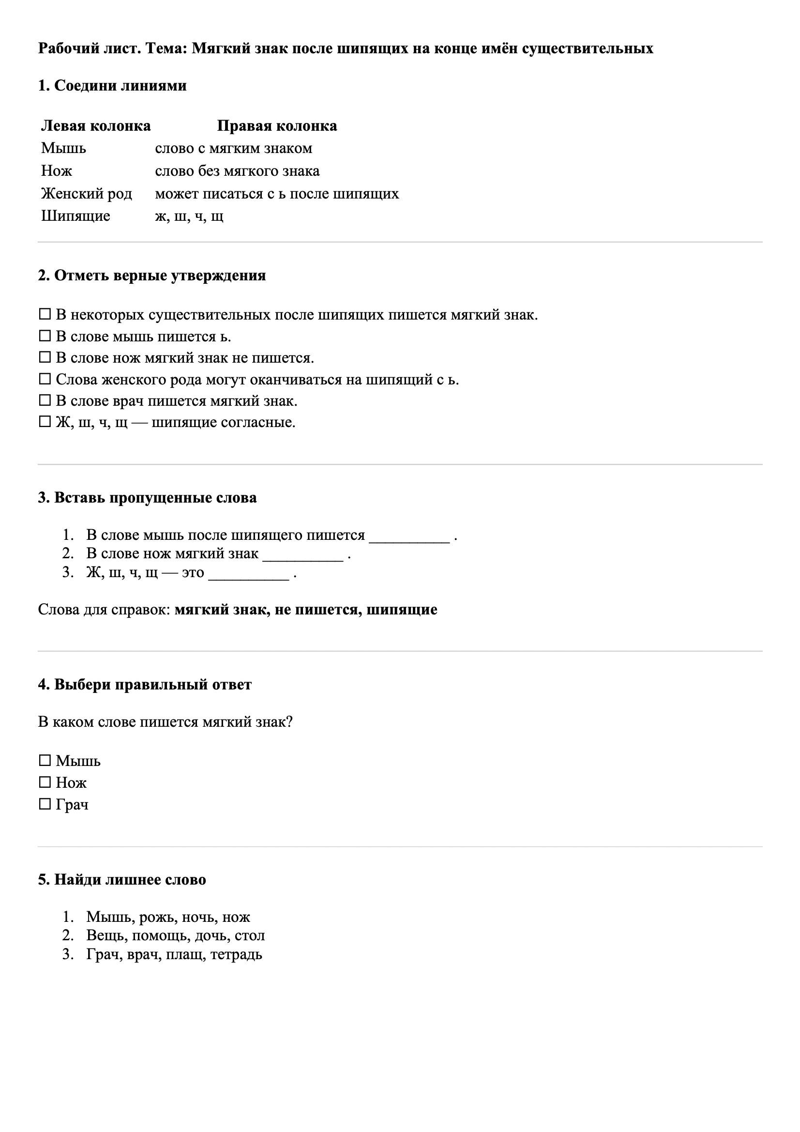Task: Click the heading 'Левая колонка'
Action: pyautogui.click(x=96, y=126)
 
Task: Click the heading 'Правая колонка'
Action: pyautogui.click(x=277, y=126)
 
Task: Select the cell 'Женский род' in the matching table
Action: pyautogui.click(x=86, y=193)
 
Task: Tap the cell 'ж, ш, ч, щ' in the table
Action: pyautogui.click(x=189, y=216)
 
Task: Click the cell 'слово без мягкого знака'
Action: pyautogui.click(x=237, y=170)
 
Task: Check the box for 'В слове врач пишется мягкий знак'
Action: pyautogui.click(x=45, y=400)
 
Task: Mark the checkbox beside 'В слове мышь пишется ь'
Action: pyautogui.click(x=45, y=336)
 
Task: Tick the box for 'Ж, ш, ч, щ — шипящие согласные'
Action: pyautogui.click(x=45, y=422)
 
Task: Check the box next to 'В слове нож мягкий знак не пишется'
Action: pyautogui.click(x=45, y=357)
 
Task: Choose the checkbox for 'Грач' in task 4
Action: pyautogui.click(x=45, y=805)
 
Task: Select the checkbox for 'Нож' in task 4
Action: pyautogui.click(x=45, y=782)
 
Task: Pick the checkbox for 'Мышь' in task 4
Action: pyautogui.click(x=45, y=761)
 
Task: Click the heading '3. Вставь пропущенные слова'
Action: pyautogui.click(x=148, y=497)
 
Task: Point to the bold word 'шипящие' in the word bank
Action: pyautogui.click(x=402, y=610)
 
